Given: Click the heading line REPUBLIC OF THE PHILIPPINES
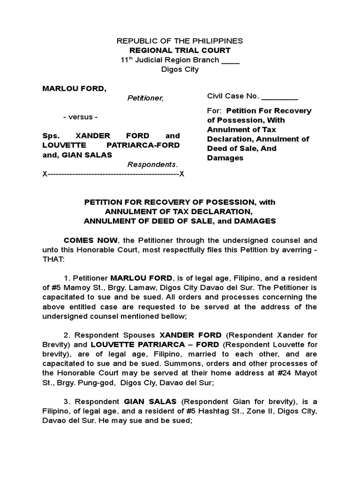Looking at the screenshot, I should [x=180, y=41].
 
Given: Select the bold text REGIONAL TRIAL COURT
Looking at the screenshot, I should [x=180, y=50].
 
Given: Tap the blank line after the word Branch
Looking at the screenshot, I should [x=230, y=60].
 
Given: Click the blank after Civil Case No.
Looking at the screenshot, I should [x=279, y=96].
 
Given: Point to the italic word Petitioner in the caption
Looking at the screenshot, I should [x=145, y=98].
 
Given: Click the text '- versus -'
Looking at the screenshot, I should [x=81, y=117].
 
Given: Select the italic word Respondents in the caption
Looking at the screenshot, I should [x=153, y=165].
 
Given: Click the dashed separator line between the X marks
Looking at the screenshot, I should [x=113, y=174].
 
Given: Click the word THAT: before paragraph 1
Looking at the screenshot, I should [x=54, y=258].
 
